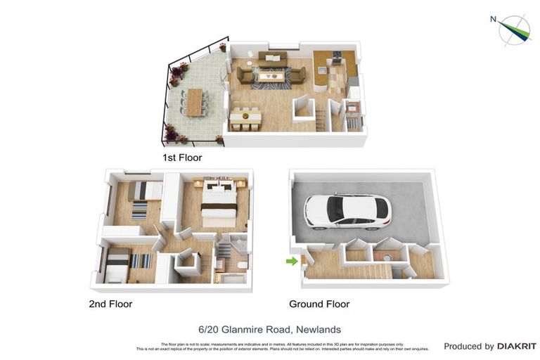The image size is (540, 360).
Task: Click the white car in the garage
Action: tap(347, 211)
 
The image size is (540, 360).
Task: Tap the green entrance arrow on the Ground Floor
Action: tap(292, 262)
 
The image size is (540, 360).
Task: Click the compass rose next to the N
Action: tap(515, 30)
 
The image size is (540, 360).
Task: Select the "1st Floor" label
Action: tap(181, 157)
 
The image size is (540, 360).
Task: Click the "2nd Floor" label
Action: tap(110, 304)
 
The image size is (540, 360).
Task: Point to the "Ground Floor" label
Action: tap(319, 304)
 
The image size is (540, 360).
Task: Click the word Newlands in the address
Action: tap(319, 329)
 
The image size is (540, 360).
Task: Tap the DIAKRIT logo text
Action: tap(517, 346)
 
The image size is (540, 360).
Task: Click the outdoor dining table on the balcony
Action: tap(194, 103)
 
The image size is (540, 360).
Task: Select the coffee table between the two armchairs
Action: tap(271, 75)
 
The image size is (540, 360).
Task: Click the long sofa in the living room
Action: tap(272, 57)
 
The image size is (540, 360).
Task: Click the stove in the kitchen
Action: tap(336, 56)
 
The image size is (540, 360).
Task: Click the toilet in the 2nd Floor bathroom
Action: tap(241, 265)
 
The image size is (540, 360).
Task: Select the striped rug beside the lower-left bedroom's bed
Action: tap(141, 261)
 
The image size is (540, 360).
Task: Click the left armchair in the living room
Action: tap(245, 75)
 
